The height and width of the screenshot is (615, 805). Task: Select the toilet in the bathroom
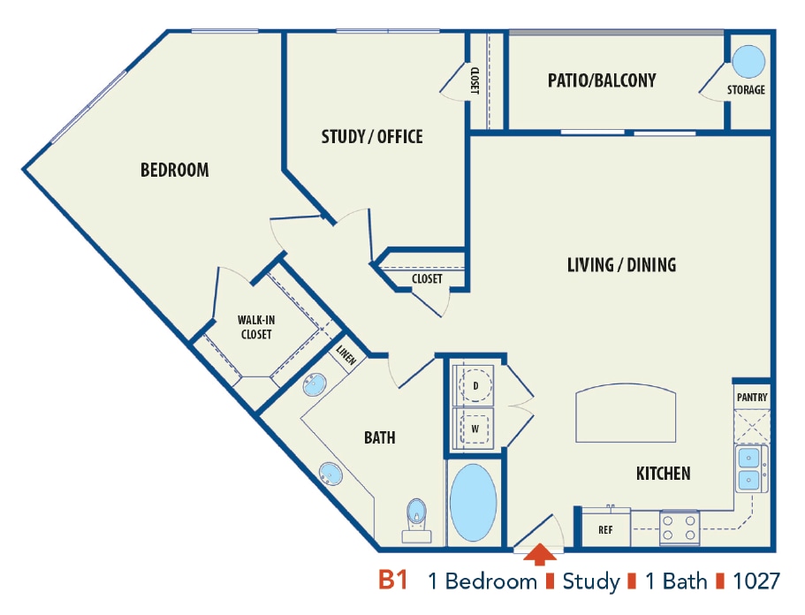[x=415, y=516]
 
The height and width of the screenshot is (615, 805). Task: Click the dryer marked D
[x=476, y=386]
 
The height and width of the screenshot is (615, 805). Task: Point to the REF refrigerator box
[x=605, y=530]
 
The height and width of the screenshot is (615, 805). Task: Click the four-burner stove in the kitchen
[x=680, y=528]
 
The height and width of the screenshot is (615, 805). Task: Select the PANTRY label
[x=752, y=398]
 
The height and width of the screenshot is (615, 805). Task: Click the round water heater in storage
[x=748, y=63]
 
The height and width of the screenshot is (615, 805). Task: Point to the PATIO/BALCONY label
[x=602, y=80]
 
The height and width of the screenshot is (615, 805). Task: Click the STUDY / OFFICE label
[x=371, y=136]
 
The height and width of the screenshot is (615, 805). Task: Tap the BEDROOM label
[x=175, y=170]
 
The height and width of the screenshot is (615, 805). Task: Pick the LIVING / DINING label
[x=621, y=264]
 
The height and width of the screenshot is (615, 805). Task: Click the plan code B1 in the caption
[x=392, y=581]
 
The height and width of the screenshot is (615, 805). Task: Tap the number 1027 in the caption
[x=756, y=581]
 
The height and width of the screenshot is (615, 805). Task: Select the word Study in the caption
[x=591, y=581]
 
